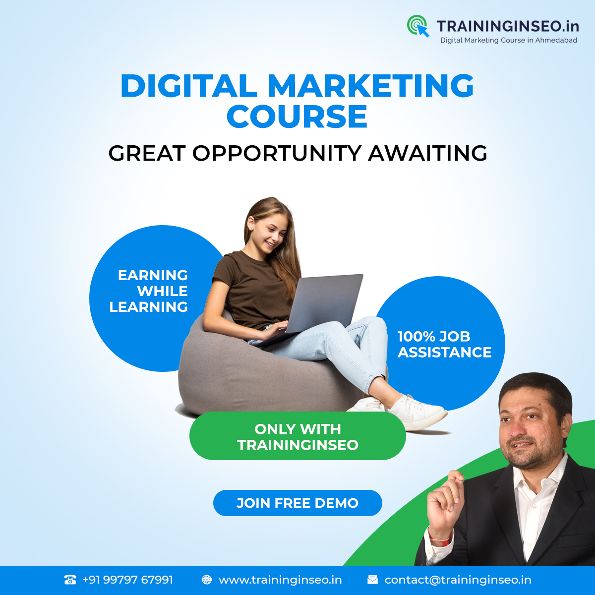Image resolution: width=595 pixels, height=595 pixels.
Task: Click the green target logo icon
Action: pyautogui.click(x=417, y=26)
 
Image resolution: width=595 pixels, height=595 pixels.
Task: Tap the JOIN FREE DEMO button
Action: pyautogui.click(x=297, y=503)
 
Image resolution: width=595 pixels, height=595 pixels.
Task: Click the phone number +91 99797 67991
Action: pyautogui.click(x=127, y=580)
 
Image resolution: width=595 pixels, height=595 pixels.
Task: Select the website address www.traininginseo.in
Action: pyautogui.click(x=280, y=580)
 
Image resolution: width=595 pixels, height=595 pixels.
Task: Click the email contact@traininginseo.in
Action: pyautogui.click(x=458, y=580)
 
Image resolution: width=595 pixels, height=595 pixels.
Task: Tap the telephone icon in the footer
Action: pyautogui.click(x=70, y=580)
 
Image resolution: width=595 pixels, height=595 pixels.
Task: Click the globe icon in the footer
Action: pyautogui.click(x=207, y=580)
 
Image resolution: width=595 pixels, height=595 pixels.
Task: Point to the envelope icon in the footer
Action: pyautogui.click(x=372, y=580)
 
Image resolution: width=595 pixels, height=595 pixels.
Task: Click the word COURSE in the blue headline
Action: pyautogui.click(x=297, y=117)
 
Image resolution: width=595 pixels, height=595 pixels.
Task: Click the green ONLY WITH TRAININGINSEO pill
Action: pyautogui.click(x=297, y=436)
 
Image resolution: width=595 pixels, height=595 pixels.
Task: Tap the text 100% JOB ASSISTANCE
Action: pyautogui.click(x=444, y=344)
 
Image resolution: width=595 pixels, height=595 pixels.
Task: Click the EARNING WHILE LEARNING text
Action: pyautogui.click(x=149, y=291)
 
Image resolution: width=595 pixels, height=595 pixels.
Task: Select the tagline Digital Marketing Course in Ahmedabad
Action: pyautogui.click(x=509, y=41)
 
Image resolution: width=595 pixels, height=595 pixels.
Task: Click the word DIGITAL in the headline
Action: pyautogui.click(x=188, y=85)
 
